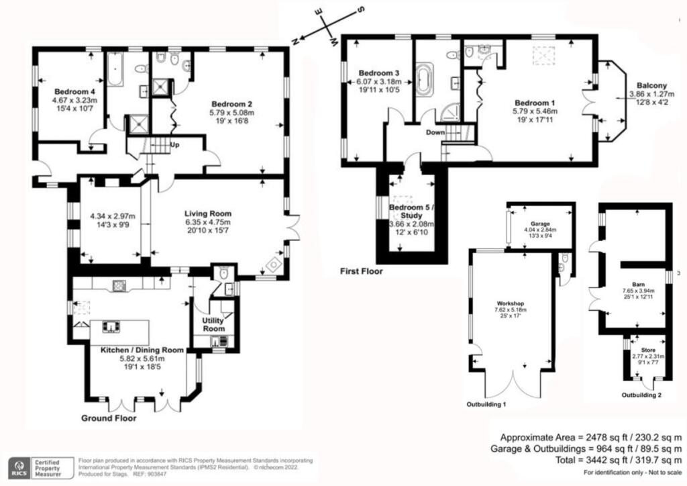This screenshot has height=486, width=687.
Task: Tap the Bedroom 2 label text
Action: click(231, 104)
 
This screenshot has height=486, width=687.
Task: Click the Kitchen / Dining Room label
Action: click(142, 350)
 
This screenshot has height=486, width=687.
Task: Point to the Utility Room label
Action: click(213, 324)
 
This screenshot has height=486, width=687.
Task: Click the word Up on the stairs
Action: click(174, 144)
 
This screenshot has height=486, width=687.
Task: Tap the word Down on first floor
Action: click(435, 132)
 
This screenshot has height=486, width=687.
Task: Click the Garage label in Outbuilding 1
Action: click(540, 223)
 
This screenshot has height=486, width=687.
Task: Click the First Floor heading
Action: click(361, 272)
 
